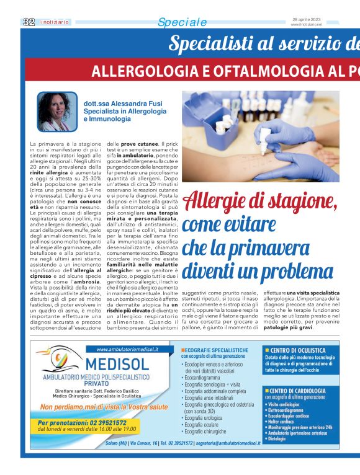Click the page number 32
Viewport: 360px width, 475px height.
(28, 22)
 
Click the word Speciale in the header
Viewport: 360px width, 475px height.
(182, 22)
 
